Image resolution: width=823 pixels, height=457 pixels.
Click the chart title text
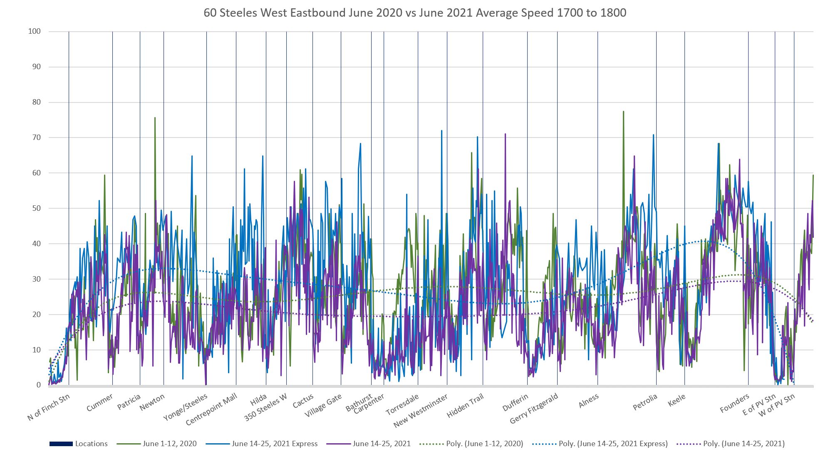click(414, 13)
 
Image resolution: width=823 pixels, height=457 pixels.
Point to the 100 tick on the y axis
click(35, 32)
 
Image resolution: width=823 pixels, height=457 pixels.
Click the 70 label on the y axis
click(36, 137)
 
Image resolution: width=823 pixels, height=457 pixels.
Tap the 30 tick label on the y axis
click(36, 279)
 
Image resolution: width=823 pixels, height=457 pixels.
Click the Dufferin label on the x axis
click(515, 402)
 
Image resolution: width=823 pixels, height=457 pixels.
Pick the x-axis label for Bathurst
click(359, 402)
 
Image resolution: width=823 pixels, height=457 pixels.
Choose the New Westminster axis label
click(420, 411)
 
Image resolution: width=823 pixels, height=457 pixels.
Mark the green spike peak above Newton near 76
click(155, 118)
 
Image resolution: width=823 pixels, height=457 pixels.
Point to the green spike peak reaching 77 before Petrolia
click(623, 112)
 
